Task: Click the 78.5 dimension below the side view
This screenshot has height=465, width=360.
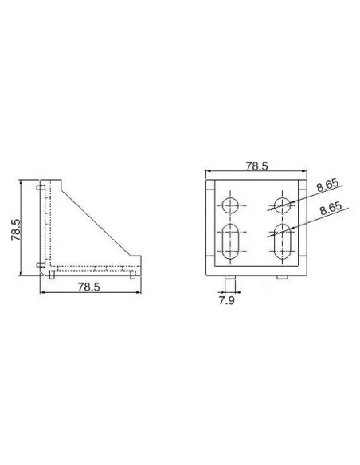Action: point(88,287)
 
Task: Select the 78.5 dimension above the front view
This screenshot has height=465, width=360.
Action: point(256,166)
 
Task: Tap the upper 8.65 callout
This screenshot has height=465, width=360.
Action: point(327,187)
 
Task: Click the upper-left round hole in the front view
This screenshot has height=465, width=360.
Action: point(231,205)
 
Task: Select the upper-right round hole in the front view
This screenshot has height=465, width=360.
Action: point(281,205)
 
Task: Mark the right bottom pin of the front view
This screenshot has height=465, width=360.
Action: point(283,276)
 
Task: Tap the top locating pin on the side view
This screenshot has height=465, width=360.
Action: point(40,188)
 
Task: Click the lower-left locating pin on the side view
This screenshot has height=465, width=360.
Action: point(40,264)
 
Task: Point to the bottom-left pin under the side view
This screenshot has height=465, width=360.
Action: point(52,275)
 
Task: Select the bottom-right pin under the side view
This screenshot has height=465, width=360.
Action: point(132,275)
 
